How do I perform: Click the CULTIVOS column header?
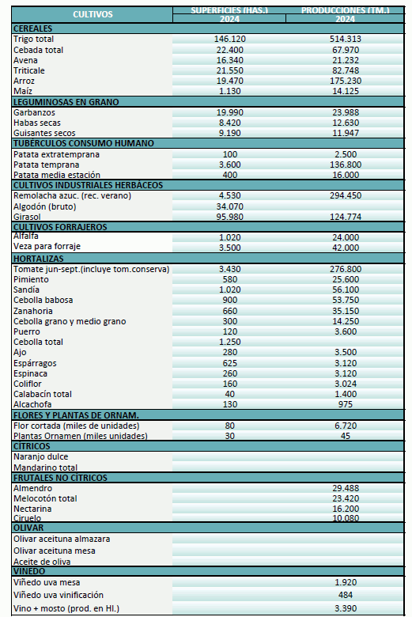pos(93,14)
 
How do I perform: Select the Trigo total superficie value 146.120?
pos(230,39)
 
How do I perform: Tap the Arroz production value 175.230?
pos(345,81)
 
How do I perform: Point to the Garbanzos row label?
pos(35,112)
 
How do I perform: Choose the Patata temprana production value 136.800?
pos(345,165)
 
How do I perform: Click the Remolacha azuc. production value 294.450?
pos(345,195)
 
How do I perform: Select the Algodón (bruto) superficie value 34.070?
pos(230,206)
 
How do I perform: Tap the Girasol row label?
pos(26,216)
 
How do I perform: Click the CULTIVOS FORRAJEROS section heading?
pos(60,227)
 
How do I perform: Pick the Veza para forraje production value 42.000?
pos(345,248)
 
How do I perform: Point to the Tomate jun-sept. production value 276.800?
pos(345,269)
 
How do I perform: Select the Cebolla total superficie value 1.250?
pos(230,341)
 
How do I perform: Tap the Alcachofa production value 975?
pos(345,404)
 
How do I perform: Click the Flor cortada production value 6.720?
pos(345,425)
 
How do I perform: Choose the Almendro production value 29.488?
pos(345,487)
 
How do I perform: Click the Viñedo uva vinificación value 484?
pos(345,594)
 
